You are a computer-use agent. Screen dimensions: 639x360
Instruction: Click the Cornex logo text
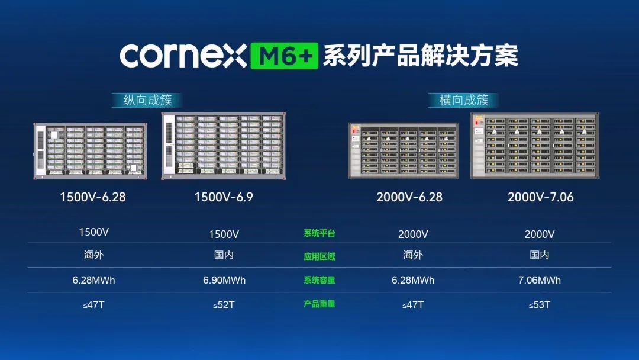tap(183, 56)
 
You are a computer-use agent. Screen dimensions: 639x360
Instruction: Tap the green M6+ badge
tap(285, 56)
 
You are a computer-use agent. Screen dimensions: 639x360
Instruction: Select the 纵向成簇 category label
tap(147, 100)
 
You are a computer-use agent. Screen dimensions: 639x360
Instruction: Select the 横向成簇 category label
tap(464, 100)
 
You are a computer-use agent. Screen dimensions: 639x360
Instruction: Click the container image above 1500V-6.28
tap(91, 151)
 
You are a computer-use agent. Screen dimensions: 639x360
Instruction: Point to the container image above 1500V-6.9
tap(223, 146)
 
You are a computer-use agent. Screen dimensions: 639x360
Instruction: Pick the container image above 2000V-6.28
tap(404, 151)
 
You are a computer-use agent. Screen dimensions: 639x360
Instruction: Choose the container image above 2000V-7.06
tap(535, 146)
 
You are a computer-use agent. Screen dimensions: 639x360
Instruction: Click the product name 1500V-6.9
tap(224, 197)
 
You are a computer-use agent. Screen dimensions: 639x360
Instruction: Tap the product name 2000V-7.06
tap(540, 197)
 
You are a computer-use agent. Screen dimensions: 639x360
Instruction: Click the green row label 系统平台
tap(319, 234)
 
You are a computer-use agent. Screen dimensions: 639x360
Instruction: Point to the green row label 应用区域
tap(319, 256)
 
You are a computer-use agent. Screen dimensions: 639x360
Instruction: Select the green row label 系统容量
tap(319, 280)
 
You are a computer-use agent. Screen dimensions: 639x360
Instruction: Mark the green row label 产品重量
tap(319, 304)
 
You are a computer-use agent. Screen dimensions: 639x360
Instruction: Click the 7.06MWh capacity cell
tap(540, 281)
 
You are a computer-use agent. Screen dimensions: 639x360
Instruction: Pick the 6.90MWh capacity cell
tap(224, 281)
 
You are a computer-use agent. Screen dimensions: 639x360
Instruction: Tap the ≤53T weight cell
tap(540, 305)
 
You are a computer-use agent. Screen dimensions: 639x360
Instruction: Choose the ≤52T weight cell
tap(224, 305)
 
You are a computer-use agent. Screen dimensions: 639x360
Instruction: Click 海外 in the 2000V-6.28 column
tap(413, 255)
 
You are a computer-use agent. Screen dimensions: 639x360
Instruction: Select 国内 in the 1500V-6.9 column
tap(224, 255)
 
